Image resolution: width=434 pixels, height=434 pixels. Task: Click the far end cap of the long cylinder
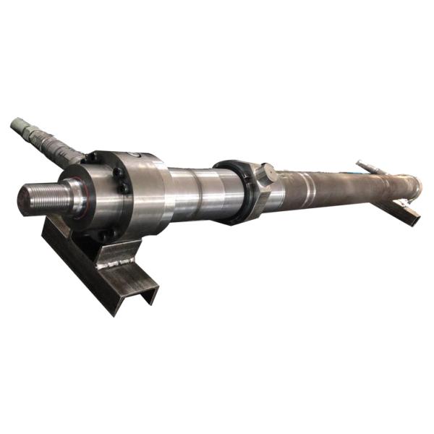click(x=417, y=182)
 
